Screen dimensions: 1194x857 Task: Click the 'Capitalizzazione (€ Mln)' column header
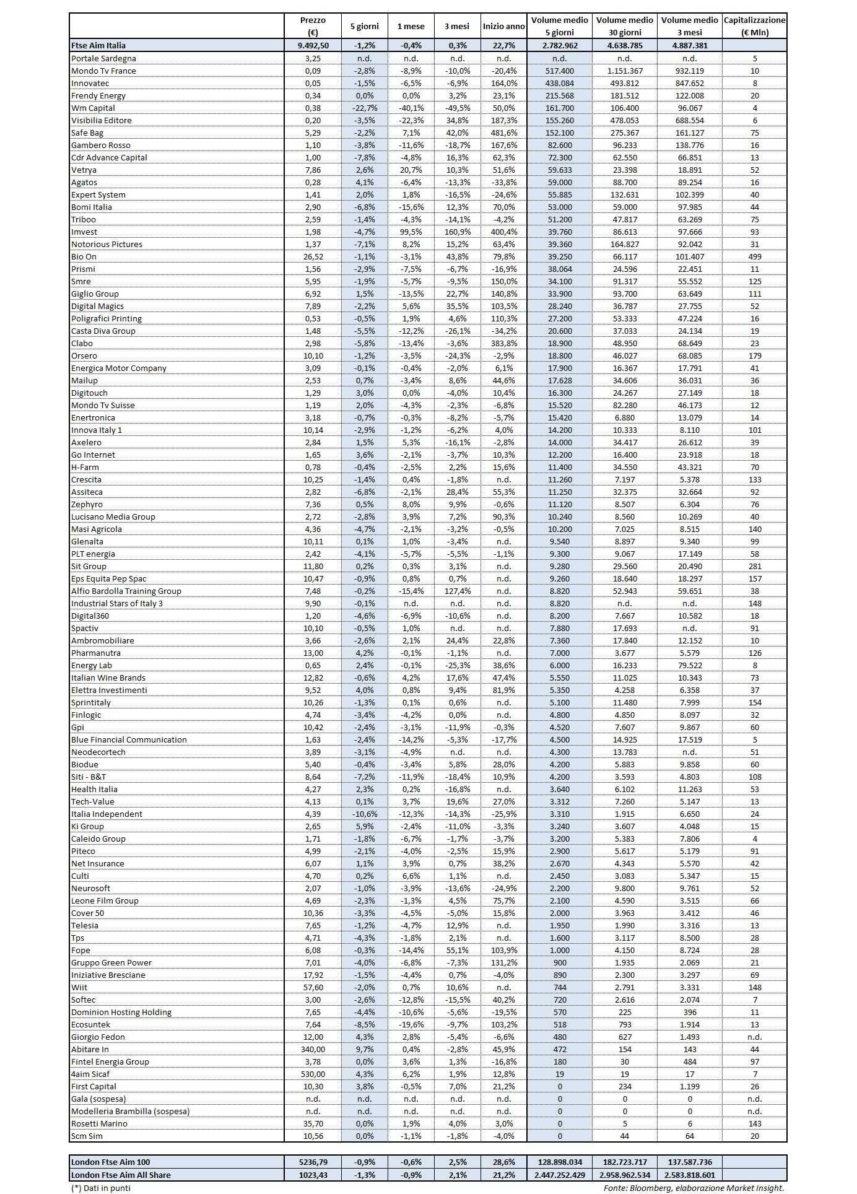pyautogui.click(x=754, y=26)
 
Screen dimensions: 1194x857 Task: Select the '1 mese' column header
pyautogui.click(x=411, y=26)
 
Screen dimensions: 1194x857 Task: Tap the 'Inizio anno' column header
pyautogui.click(x=503, y=26)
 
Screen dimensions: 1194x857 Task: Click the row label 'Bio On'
pyautogui.click(x=84, y=256)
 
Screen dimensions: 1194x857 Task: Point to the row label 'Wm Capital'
pyautogui.click(x=93, y=108)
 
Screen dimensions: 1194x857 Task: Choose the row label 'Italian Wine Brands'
pyautogui.click(x=108, y=678)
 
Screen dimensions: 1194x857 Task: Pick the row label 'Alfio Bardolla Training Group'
pyautogui.click(x=126, y=591)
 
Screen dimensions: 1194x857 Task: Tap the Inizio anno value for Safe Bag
pyautogui.click(x=503, y=133)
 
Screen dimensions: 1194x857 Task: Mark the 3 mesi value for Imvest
pyautogui.click(x=457, y=232)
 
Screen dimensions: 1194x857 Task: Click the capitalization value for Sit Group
pyautogui.click(x=754, y=566)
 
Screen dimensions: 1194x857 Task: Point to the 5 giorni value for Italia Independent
pyautogui.click(x=364, y=814)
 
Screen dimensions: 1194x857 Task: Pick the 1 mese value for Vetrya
pyautogui.click(x=411, y=170)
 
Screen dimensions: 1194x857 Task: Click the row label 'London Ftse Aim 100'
pyautogui.click(x=110, y=1162)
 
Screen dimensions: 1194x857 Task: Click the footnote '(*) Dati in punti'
pyautogui.click(x=101, y=1188)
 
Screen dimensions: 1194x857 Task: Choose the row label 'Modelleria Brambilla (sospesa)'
pyautogui.click(x=130, y=1111)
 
